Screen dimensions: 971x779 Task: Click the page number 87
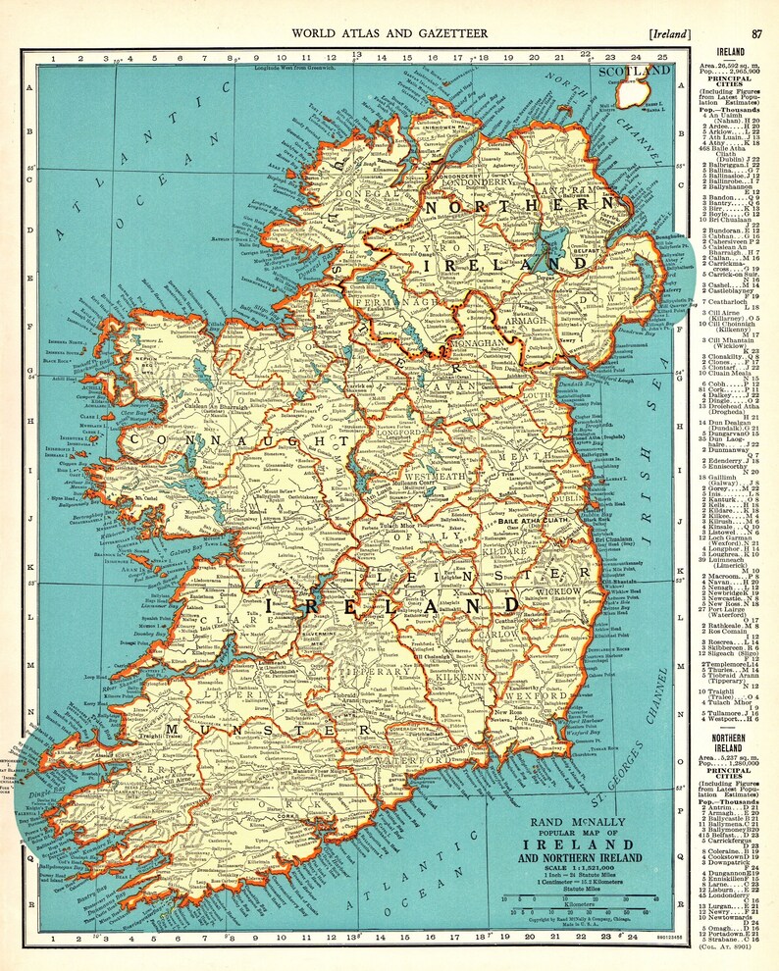pos(756,33)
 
